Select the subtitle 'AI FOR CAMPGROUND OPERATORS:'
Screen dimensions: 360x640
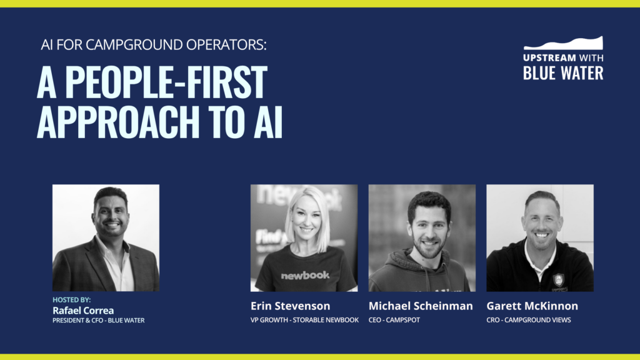(154, 46)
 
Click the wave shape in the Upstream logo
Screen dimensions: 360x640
(563, 43)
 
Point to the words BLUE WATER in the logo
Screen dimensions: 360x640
(563, 72)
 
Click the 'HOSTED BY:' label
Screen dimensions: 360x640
(71, 300)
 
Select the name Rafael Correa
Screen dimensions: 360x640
(83, 311)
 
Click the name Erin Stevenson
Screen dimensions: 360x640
(290, 306)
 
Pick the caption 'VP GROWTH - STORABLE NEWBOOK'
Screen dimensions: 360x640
(304, 320)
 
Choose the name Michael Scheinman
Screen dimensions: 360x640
(421, 306)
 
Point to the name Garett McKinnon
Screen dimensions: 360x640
(532, 306)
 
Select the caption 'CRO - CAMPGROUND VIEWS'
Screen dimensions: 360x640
(529, 320)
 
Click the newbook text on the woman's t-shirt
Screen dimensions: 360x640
(304, 275)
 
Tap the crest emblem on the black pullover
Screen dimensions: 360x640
(558, 280)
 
